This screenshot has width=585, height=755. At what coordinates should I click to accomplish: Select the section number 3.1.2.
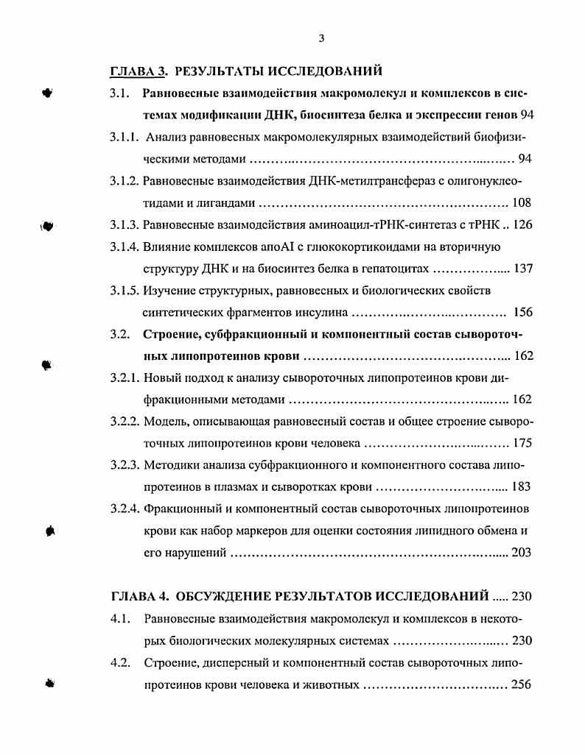(125, 181)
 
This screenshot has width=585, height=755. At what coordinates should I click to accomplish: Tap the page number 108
(521, 203)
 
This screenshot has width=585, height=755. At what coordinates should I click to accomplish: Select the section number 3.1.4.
(125, 247)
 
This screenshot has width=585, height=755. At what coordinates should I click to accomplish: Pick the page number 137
(522, 269)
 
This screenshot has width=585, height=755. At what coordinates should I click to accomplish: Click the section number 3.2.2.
(125, 422)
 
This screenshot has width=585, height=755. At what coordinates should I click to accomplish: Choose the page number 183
(521, 487)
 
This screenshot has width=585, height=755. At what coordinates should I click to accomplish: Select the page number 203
(521, 553)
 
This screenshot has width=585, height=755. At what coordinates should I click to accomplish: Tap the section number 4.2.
(120, 662)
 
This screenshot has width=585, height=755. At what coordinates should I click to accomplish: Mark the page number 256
(521, 684)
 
